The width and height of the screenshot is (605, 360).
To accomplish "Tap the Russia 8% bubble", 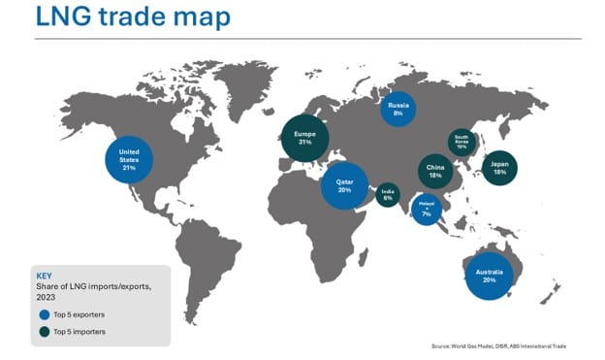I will [x=398, y=108].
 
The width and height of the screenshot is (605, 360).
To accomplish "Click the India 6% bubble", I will [x=388, y=195].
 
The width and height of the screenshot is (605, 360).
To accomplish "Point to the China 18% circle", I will [x=435, y=172].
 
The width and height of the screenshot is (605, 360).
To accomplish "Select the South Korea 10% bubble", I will [x=462, y=142].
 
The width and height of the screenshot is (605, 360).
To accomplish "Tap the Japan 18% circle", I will [x=499, y=169].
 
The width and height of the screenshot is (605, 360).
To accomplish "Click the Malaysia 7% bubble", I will [x=427, y=209].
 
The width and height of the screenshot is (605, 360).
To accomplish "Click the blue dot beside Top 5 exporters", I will [x=43, y=315].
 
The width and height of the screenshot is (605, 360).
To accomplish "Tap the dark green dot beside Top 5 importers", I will [x=43, y=332].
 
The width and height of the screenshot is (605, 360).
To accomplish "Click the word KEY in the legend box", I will [x=43, y=275].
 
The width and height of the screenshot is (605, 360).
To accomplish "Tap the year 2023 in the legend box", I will [x=48, y=298].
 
